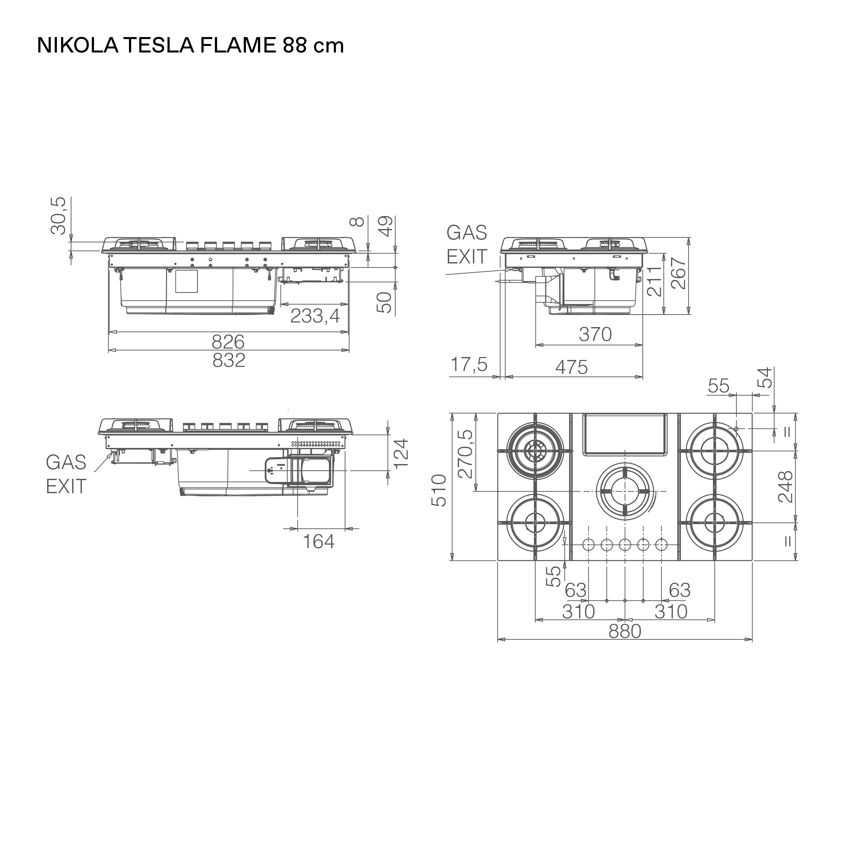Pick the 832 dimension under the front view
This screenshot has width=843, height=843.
pos(229,360)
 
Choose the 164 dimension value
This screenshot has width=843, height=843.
pos(318,541)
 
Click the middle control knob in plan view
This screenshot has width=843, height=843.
pos(625,545)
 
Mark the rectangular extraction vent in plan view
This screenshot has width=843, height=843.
pos(625,434)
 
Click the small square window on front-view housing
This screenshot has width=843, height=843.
pos(186,281)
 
